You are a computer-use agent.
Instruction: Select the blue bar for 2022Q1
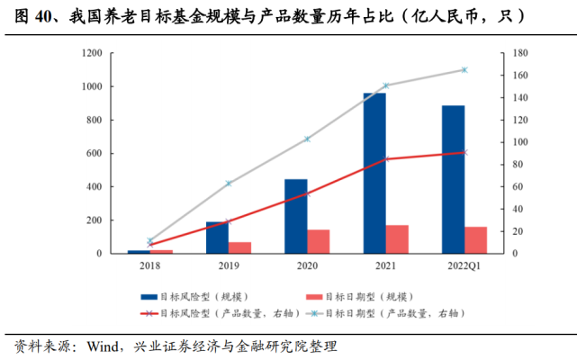pos(453,179)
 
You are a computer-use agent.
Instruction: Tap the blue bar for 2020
pos(296,216)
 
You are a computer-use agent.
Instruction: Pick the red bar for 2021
pos(397,239)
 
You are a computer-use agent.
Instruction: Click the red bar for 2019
pos(239,247)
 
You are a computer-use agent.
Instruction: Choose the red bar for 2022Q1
pos(475,240)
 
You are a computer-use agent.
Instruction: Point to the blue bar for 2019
pos(217,238)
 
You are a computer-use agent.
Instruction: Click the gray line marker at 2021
pos(385,85)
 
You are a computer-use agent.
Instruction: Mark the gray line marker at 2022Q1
pos(464,69)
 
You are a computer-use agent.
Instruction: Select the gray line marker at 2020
pos(307,139)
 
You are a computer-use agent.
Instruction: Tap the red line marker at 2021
pos(385,159)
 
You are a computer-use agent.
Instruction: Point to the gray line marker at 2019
pos(229,184)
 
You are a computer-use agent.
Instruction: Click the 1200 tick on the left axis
pos(90,53)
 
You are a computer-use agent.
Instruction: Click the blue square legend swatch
pos(149,296)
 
